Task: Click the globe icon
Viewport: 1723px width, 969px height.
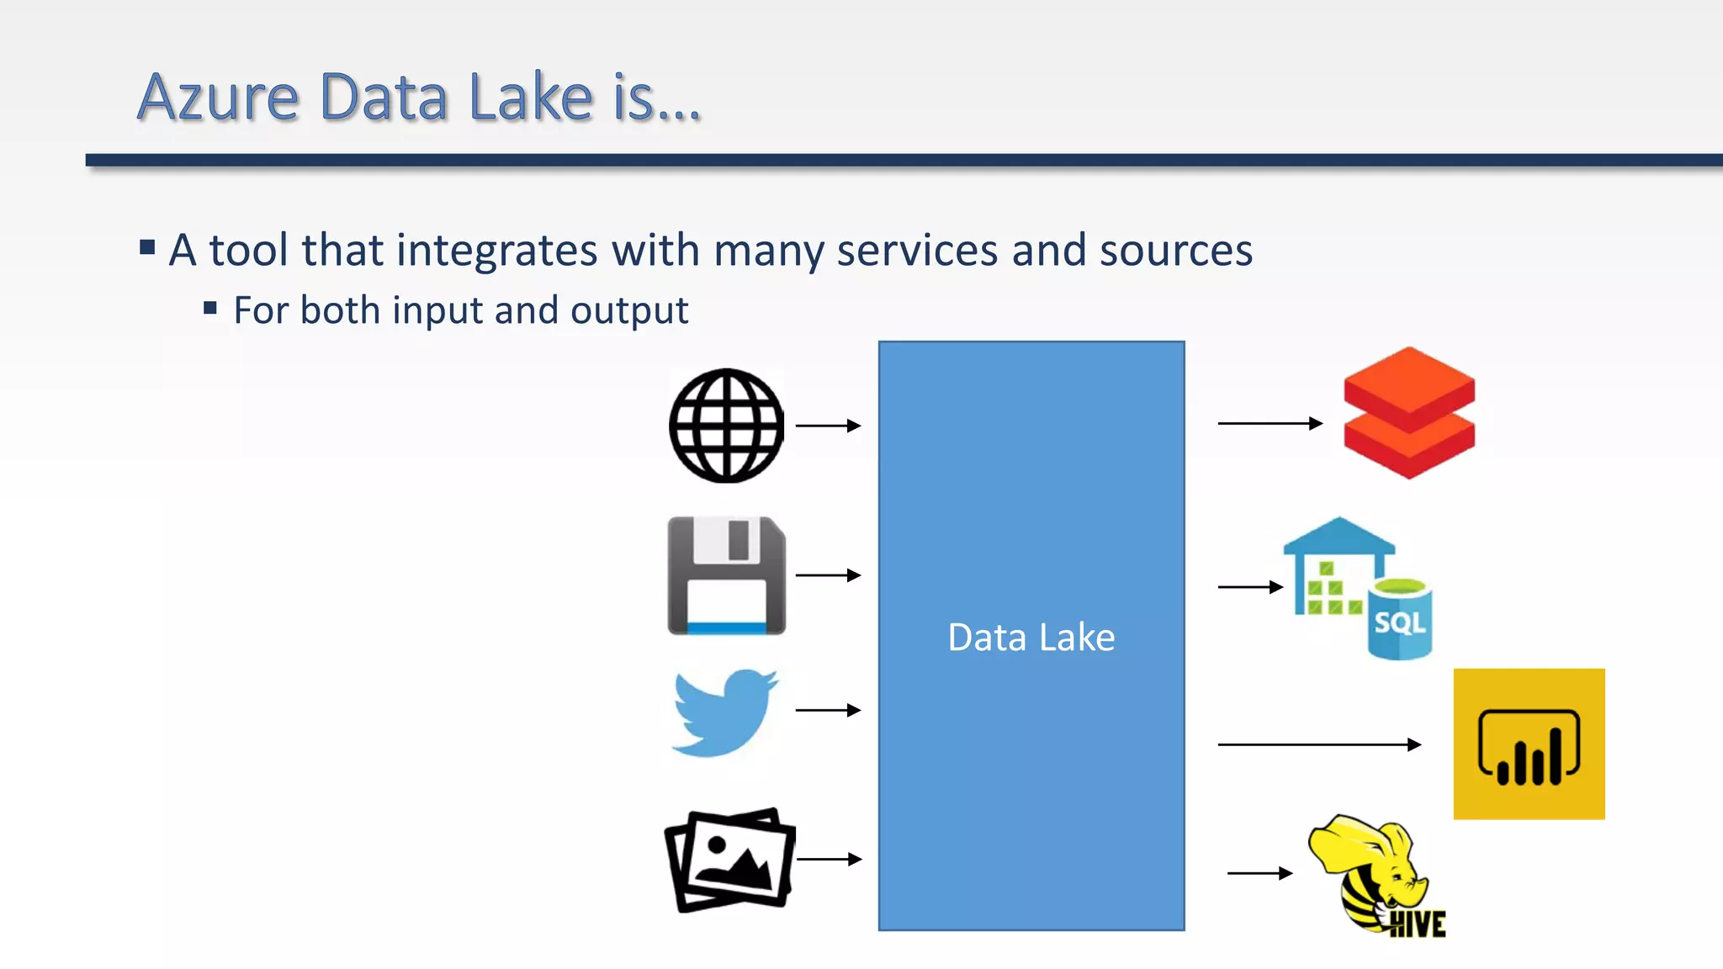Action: [x=726, y=426]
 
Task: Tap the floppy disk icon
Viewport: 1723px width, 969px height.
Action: [x=726, y=575]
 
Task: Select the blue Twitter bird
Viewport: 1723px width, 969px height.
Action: [x=725, y=712]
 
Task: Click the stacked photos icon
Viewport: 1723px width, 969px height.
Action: [x=729, y=860]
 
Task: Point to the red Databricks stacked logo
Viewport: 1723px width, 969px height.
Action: [x=1409, y=413]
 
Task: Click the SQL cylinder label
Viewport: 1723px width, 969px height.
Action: [x=1399, y=623]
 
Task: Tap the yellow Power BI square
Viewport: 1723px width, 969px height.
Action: [x=1529, y=744]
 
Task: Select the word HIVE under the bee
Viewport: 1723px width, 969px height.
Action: [x=1418, y=924]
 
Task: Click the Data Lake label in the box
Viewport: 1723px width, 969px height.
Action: [x=1031, y=638]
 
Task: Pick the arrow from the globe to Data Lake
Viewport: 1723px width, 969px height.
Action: [x=828, y=426]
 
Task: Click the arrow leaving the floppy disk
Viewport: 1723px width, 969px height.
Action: [x=828, y=575]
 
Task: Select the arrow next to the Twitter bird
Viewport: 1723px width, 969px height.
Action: [x=828, y=711]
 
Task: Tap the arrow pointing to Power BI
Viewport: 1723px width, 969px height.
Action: [x=1319, y=744]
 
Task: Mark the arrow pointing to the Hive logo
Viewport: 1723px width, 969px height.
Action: [x=1259, y=873]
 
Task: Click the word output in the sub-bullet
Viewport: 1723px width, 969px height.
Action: [x=629, y=310]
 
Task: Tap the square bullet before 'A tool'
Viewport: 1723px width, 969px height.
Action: [x=148, y=247]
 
